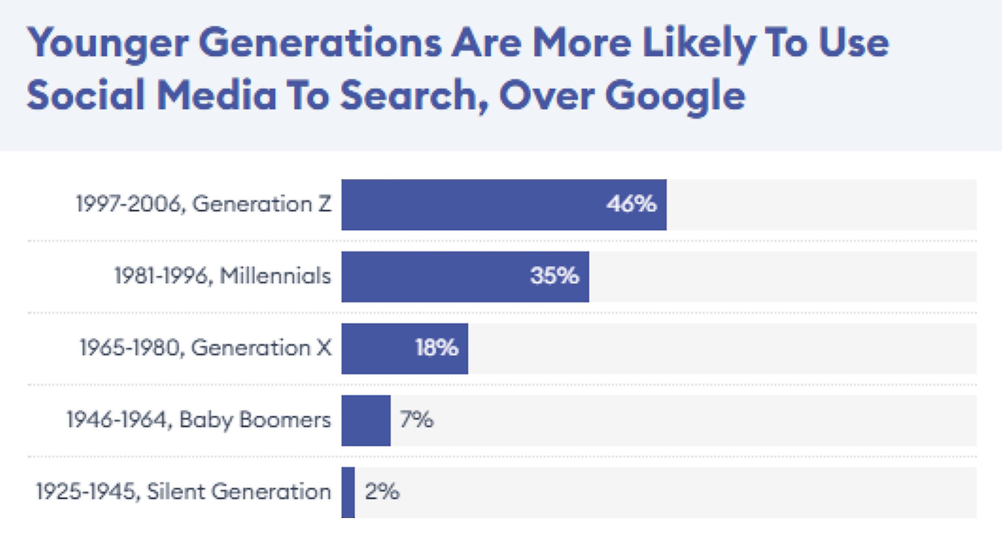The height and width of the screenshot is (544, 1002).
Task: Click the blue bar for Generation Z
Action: point(473,205)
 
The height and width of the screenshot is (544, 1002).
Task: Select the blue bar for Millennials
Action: point(433,276)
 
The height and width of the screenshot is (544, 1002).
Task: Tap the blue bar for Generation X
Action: point(377,348)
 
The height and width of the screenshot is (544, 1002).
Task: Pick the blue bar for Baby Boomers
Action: point(366,420)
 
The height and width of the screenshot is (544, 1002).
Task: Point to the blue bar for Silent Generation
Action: point(348,492)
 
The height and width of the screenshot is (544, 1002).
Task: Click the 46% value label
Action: point(631,204)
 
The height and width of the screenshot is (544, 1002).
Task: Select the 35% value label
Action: point(555,276)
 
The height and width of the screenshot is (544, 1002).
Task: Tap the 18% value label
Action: point(436,347)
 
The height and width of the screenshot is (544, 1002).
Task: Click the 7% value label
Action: point(416,420)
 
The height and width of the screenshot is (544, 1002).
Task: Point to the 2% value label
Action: point(382,491)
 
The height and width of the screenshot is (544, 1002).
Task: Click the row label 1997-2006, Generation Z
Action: point(204,204)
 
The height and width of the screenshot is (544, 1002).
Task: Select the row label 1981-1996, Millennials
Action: point(223,276)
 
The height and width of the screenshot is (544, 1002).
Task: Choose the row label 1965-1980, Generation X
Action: point(206,348)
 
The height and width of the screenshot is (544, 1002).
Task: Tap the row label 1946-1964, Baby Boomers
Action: point(199,420)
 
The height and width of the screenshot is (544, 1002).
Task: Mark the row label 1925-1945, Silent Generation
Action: point(184,492)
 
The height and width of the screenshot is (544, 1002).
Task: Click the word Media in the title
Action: point(216,95)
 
